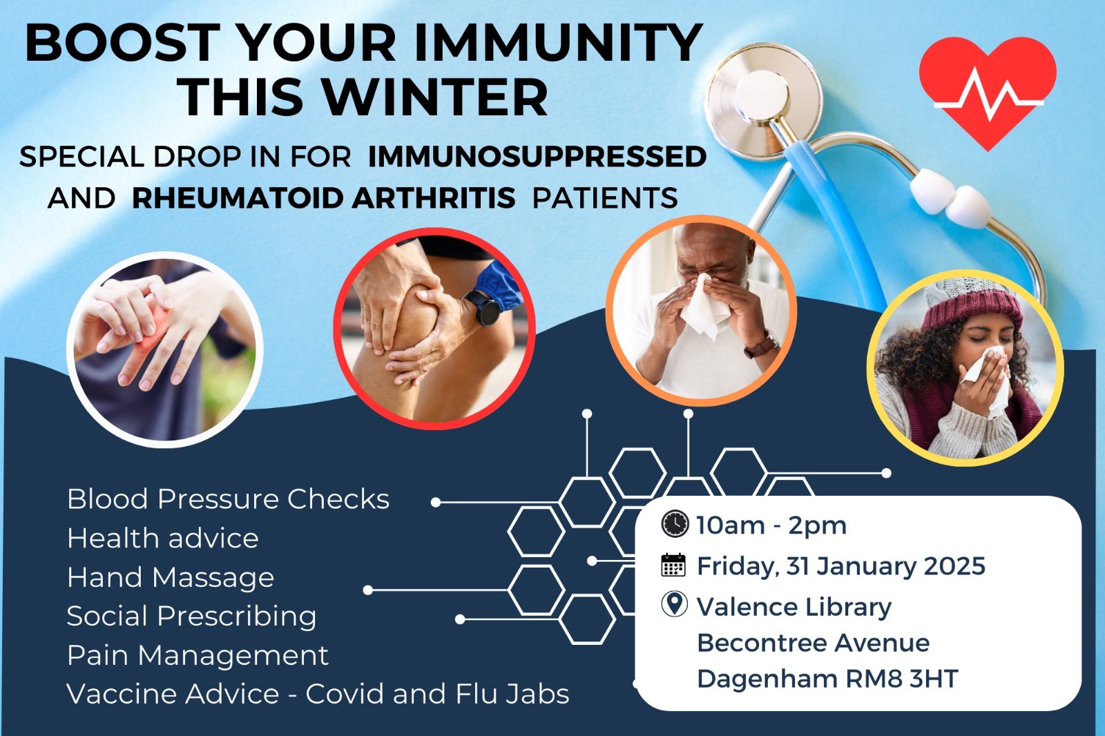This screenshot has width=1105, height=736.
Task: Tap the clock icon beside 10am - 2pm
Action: [x=674, y=524]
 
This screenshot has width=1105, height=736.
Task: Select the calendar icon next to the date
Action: [x=673, y=565]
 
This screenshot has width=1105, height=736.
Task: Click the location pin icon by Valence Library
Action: [x=674, y=605]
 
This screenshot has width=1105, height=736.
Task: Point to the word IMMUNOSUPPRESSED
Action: [x=537, y=157]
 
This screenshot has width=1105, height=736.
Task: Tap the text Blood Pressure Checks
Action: [x=228, y=499]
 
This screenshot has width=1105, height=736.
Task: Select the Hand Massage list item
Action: [x=171, y=578]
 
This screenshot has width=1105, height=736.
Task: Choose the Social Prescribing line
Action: [x=191, y=617]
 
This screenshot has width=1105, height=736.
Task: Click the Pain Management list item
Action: [x=198, y=656]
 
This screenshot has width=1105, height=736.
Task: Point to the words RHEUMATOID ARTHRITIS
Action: [x=324, y=198]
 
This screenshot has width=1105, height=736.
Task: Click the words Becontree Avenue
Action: [x=814, y=643]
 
